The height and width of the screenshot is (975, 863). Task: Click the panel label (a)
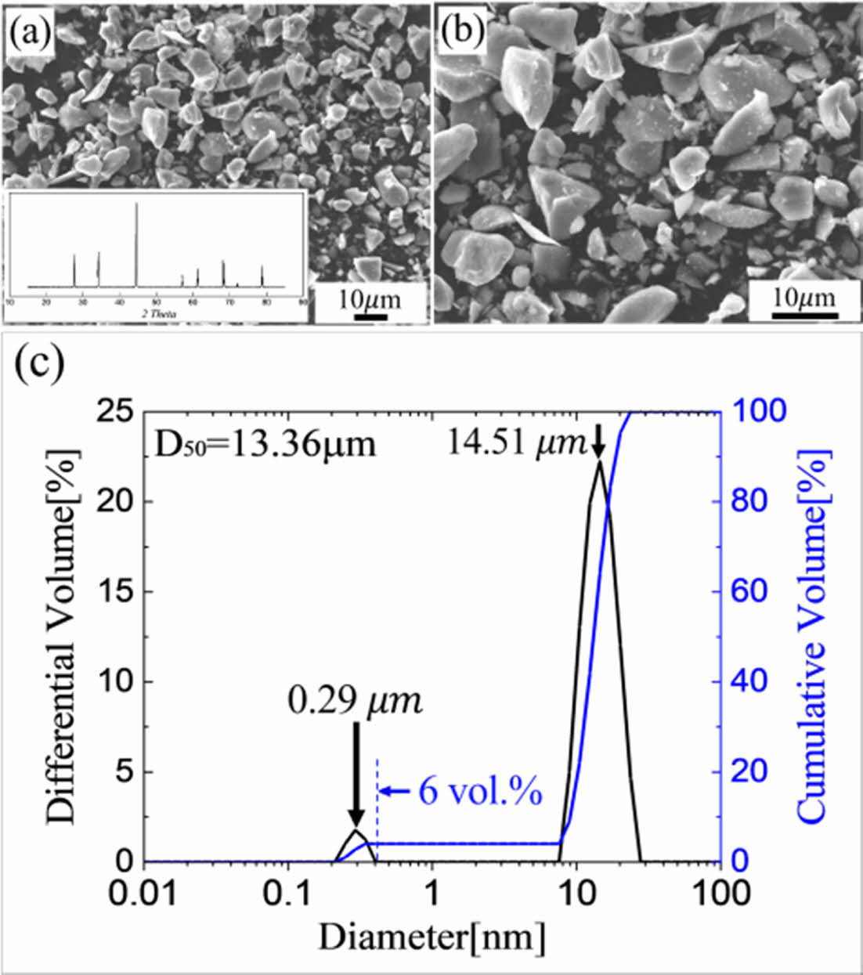pos(28,33)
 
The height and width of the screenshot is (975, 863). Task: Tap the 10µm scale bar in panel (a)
pos(370,316)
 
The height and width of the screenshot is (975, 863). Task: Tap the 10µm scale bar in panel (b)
pos(803,315)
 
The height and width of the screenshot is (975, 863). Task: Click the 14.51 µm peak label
pos(517,443)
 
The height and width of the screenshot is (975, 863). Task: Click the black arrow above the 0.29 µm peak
pos(356,775)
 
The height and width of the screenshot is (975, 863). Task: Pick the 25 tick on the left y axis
pos(118,411)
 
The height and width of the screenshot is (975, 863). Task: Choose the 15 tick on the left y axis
pos(118,591)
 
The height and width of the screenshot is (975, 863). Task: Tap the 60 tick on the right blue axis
pos(749,591)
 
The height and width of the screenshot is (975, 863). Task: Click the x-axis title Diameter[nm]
pos(431,936)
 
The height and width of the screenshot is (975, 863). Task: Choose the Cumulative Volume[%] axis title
pos(814,636)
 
